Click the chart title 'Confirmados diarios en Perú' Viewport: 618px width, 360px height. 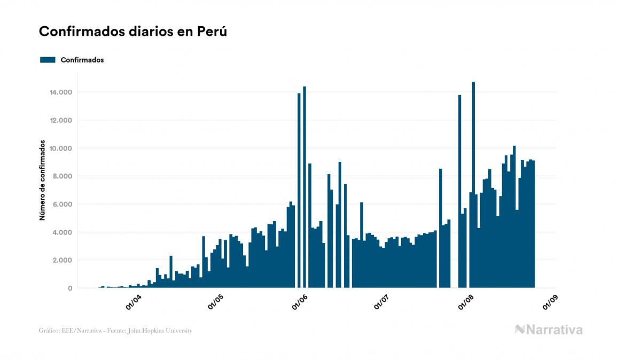[133, 32]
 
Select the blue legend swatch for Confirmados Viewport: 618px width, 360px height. [48, 60]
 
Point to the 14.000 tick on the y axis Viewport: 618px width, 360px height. [60, 92]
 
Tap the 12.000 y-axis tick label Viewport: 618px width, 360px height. [60, 120]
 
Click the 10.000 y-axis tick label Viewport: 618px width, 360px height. [60, 148]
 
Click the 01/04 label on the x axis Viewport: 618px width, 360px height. [134, 301]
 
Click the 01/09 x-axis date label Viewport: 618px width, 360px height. [550, 301]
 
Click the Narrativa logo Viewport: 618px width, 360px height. [549, 330]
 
